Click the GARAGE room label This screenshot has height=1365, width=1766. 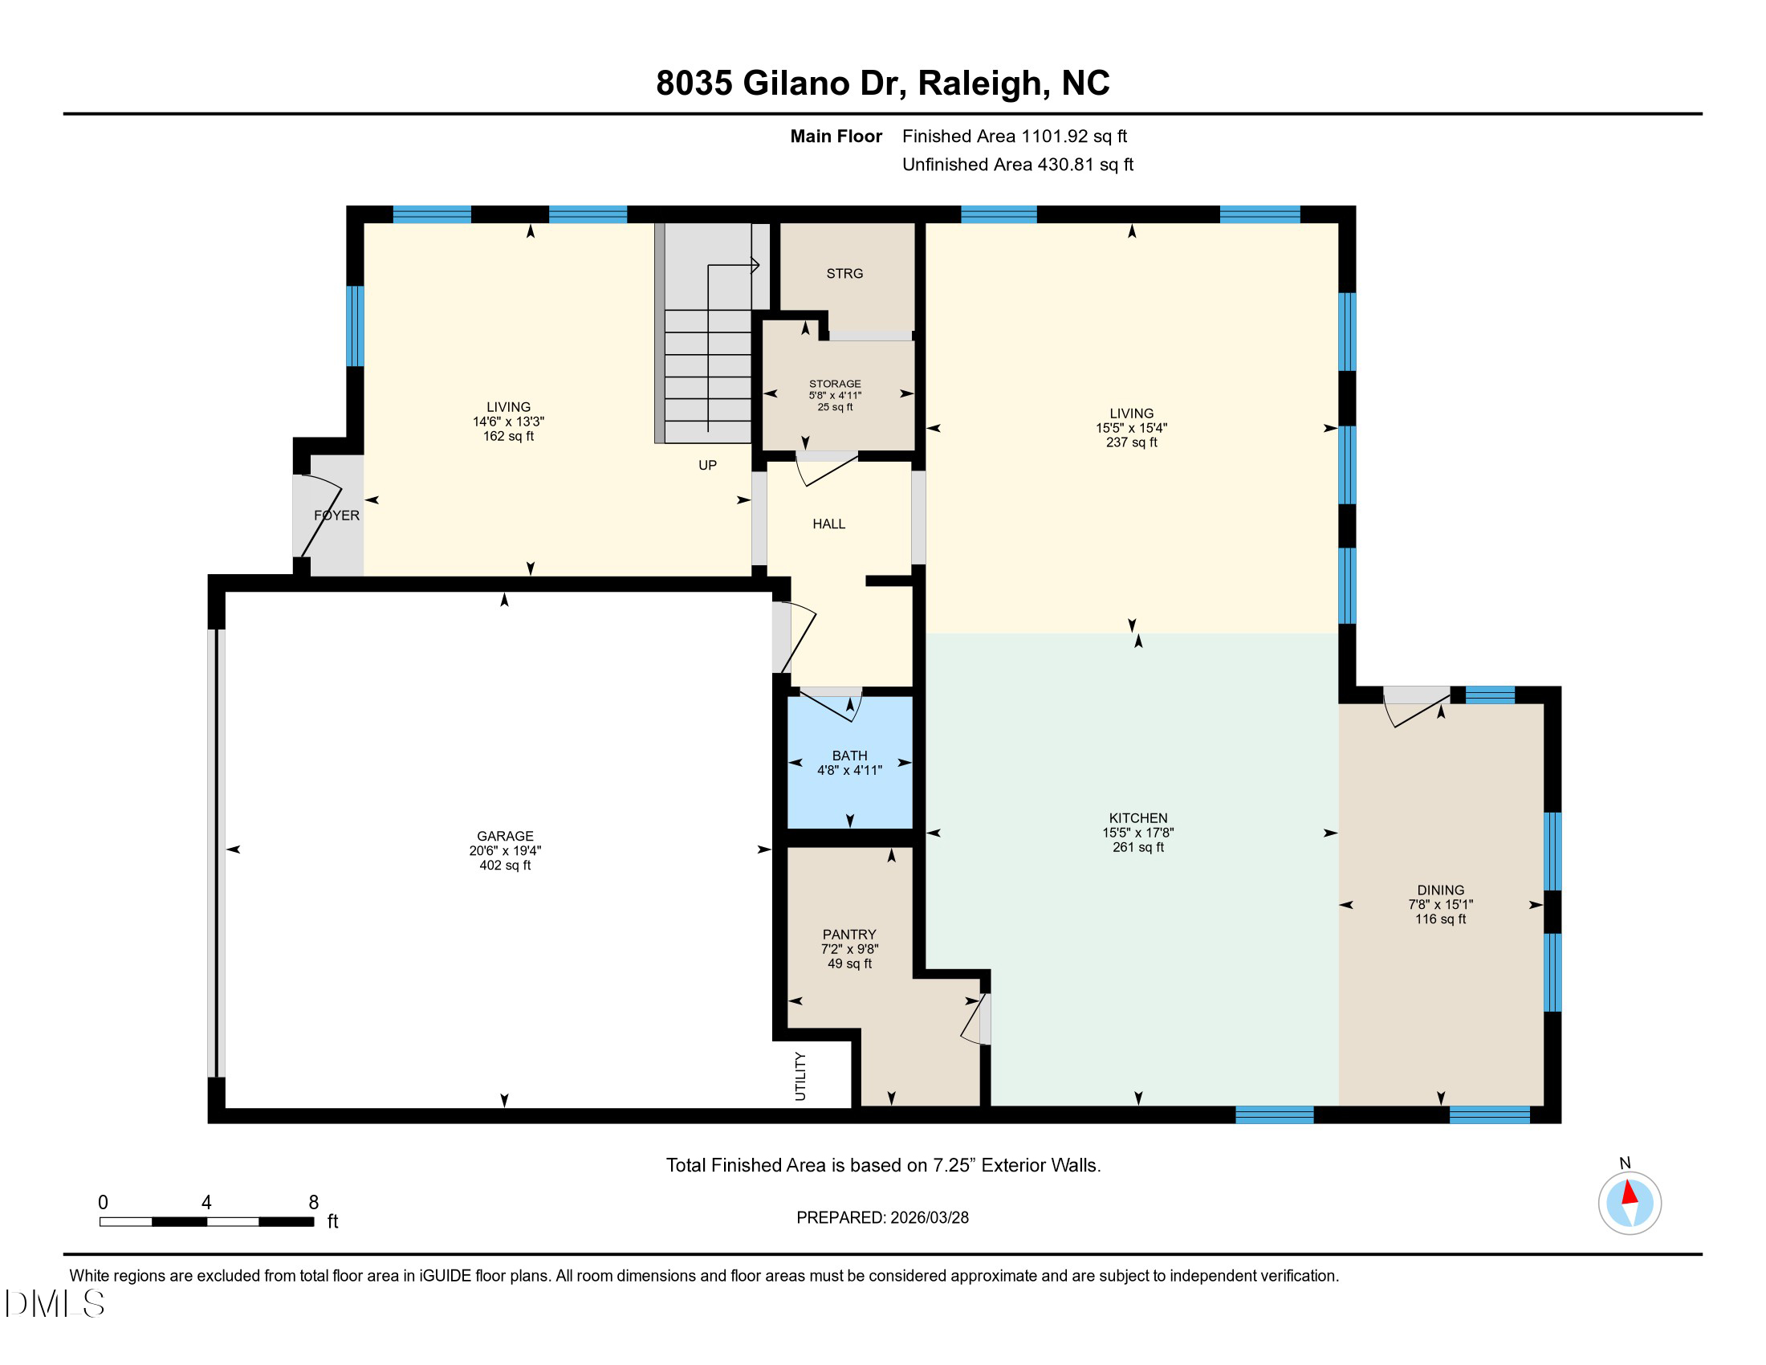[x=505, y=836]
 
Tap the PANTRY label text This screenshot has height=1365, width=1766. [x=849, y=934]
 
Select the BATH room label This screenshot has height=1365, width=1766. [x=849, y=756]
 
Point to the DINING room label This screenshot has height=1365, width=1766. [x=1440, y=890]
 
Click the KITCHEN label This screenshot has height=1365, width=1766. [x=1137, y=817]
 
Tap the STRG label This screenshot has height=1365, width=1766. [x=844, y=273]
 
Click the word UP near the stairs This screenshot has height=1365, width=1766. [x=706, y=465]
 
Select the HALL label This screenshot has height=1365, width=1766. [x=828, y=524]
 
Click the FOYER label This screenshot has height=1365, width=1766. [x=336, y=515]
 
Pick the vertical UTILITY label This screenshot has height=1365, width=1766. [x=800, y=1075]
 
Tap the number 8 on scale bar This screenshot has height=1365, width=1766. [x=314, y=1203]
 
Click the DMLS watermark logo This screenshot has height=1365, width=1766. [x=55, y=1303]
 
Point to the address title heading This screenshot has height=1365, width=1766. [x=882, y=83]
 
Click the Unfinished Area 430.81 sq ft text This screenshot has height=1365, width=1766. [x=1017, y=164]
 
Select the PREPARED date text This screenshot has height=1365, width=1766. [x=882, y=1217]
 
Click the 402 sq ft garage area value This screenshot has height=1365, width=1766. [x=505, y=866]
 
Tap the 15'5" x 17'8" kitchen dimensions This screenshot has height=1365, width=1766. [x=1137, y=832]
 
